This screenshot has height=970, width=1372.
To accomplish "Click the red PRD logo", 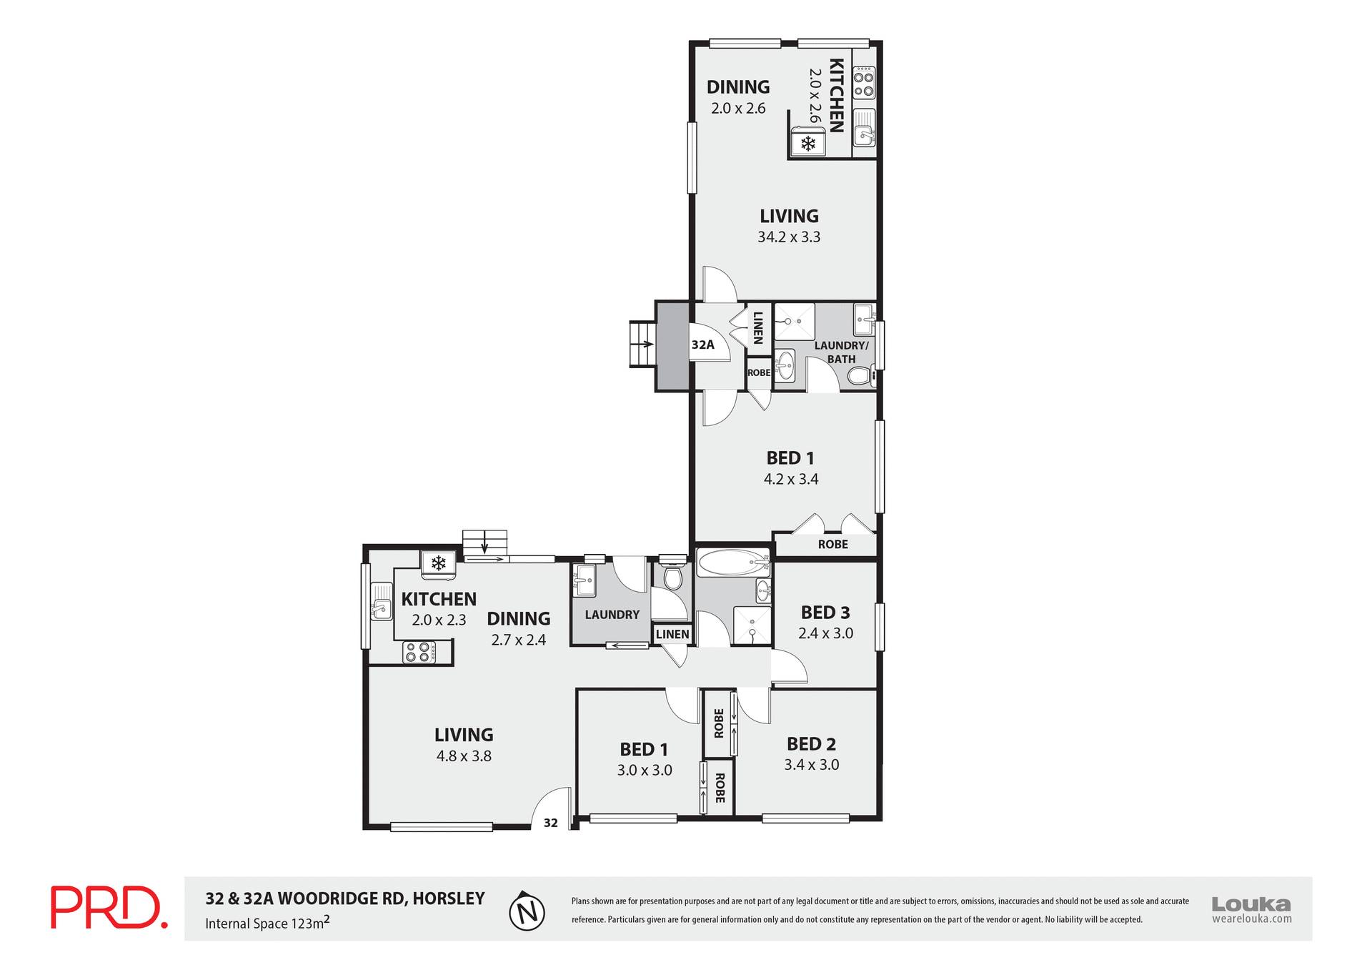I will pyautogui.click(x=109, y=907).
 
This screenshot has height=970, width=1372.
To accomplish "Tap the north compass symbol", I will pyautogui.click(x=527, y=912).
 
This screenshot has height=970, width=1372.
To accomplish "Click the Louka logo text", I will pyautogui.click(x=1251, y=904).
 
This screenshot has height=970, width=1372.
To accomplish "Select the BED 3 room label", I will pyautogui.click(x=825, y=613).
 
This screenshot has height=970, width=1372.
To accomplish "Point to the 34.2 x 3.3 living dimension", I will pyautogui.click(x=789, y=237).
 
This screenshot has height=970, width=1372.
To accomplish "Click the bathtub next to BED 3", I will pyautogui.click(x=732, y=563).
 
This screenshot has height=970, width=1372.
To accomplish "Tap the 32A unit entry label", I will pyautogui.click(x=702, y=345).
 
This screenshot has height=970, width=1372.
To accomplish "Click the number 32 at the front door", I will pyautogui.click(x=550, y=823).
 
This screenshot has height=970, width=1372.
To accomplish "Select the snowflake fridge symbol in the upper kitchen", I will pyautogui.click(x=807, y=144).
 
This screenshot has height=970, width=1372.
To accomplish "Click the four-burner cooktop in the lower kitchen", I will pyautogui.click(x=419, y=652).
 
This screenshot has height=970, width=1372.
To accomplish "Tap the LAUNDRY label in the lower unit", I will pyautogui.click(x=612, y=615).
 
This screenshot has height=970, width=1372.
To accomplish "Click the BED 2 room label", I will pyautogui.click(x=811, y=744).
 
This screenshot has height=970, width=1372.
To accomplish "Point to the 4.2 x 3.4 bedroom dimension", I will pyautogui.click(x=790, y=480).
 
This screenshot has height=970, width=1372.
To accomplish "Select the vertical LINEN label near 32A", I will pyautogui.click(x=758, y=328).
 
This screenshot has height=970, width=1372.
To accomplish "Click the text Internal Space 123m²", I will pyautogui.click(x=267, y=923).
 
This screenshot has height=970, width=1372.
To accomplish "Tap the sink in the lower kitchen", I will pyautogui.click(x=381, y=609).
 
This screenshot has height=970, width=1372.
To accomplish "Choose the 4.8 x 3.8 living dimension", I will pyautogui.click(x=464, y=756).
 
